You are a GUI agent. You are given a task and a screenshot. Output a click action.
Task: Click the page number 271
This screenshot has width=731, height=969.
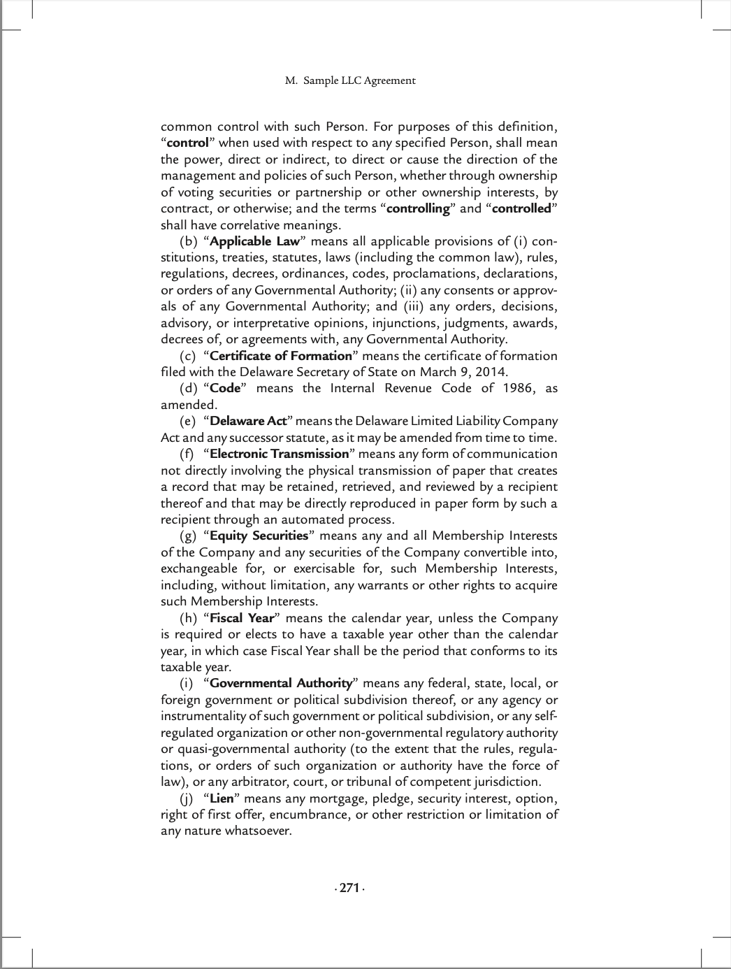pyautogui.click(x=349, y=888)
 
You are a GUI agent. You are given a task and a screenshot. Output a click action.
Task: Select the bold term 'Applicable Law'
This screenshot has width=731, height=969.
pyautogui.click(x=254, y=241)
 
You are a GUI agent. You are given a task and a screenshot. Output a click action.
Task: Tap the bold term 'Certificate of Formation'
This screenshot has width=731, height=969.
pyautogui.click(x=281, y=356)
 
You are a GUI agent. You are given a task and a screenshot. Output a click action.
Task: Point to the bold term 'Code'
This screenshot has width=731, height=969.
pyautogui.click(x=225, y=388)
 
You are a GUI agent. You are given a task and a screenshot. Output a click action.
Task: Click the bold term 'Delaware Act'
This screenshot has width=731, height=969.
pyautogui.click(x=248, y=421)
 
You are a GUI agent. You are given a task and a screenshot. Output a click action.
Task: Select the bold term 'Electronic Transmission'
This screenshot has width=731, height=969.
pyautogui.click(x=279, y=454)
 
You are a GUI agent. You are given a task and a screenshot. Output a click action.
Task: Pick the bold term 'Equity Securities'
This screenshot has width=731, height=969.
pyautogui.click(x=259, y=536)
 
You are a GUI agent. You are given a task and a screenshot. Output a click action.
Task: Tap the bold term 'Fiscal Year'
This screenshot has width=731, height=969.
pyautogui.click(x=242, y=618)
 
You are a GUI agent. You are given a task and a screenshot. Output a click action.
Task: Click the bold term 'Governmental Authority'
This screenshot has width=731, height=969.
pyautogui.click(x=281, y=683)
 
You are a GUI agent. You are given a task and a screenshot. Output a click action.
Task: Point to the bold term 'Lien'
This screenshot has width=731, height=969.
pyautogui.click(x=222, y=798)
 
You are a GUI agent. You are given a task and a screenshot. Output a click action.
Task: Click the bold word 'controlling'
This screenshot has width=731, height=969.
pyautogui.click(x=418, y=208)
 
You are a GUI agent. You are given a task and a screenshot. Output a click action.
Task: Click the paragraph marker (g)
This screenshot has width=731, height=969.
pyautogui.click(x=188, y=536)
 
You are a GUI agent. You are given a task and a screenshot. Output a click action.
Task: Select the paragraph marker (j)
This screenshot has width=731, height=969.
pyautogui.click(x=186, y=798)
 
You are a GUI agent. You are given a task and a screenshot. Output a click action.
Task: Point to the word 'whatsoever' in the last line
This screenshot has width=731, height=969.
pyautogui.click(x=257, y=831)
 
